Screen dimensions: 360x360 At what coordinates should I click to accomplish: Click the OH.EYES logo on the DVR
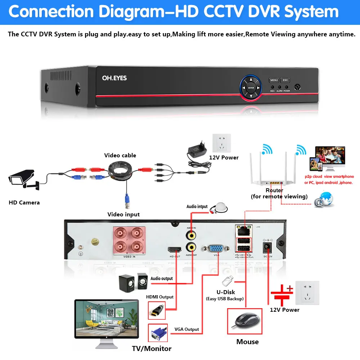pos(114,78)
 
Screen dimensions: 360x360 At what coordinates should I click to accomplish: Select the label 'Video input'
pos(123,215)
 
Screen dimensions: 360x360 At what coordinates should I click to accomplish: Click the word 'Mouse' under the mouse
pos(247,342)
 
